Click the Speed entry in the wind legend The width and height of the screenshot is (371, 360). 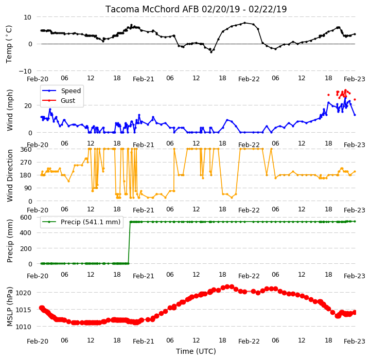(70, 91)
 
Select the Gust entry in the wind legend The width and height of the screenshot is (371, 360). (68, 100)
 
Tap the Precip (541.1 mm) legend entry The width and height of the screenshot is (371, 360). (91, 222)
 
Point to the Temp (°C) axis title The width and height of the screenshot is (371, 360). (9, 44)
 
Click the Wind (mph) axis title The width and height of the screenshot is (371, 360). (10, 110)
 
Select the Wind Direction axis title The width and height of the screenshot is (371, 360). (10, 175)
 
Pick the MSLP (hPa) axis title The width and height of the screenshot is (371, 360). (10, 307)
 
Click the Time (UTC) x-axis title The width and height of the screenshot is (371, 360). (196, 351)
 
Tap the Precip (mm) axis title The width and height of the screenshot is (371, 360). (10, 241)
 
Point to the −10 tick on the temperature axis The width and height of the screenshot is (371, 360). (25, 71)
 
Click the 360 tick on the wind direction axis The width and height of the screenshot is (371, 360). (26, 150)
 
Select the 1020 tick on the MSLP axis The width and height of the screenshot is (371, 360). (23, 293)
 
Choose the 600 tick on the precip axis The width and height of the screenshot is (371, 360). (26, 217)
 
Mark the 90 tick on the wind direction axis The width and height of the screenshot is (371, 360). (28, 188)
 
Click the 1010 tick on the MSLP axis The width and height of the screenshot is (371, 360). (23, 327)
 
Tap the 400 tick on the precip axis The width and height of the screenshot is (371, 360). (26, 233)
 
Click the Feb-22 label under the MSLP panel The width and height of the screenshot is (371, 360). (249, 341)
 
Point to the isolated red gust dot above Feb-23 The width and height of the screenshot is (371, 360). (355, 100)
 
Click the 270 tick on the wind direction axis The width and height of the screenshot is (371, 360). (26, 163)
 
